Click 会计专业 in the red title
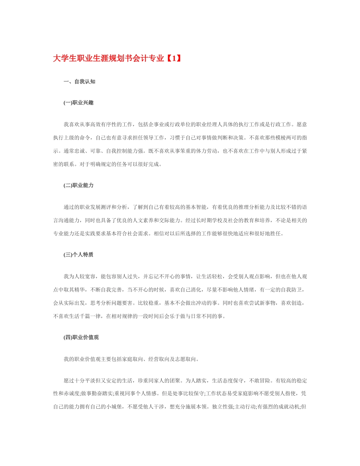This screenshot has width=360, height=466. [149, 59]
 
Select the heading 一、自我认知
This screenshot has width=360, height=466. [79, 81]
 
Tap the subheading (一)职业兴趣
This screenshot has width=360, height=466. [78, 103]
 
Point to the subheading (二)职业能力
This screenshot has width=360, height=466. [78, 186]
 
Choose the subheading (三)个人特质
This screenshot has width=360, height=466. [78, 255]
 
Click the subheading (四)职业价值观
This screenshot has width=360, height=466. [81, 337]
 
